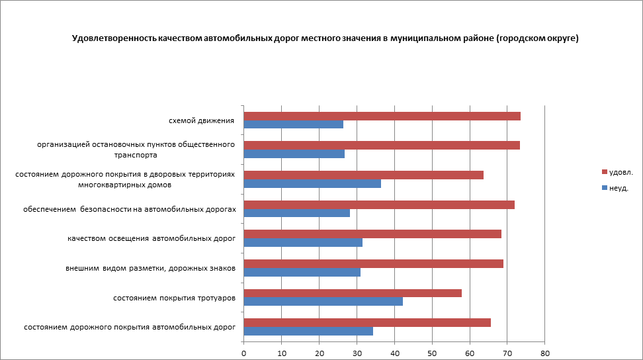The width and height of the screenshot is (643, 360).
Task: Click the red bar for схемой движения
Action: [x=382, y=116]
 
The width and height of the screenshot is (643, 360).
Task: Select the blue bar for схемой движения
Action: [x=293, y=124]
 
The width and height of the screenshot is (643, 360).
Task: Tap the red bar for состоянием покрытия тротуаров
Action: [x=353, y=293]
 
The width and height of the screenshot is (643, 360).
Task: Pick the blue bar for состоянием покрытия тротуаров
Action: [x=323, y=302]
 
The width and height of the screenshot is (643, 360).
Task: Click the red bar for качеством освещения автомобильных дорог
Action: [x=372, y=234]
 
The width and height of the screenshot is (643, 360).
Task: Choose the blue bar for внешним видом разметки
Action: [x=302, y=272]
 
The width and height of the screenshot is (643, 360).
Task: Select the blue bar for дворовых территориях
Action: [x=312, y=184]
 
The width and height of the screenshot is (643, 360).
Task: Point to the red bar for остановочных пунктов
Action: [x=382, y=146]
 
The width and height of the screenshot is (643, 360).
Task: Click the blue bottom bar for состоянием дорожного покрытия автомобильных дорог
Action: [x=308, y=331]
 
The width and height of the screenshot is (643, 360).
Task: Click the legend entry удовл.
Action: [x=621, y=172]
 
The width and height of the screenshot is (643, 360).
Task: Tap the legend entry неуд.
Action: [x=618, y=188]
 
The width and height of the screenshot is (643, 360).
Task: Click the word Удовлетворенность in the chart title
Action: [x=114, y=39]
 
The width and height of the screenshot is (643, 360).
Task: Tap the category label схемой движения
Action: [x=202, y=121]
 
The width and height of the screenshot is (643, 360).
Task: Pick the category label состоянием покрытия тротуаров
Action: [x=175, y=298]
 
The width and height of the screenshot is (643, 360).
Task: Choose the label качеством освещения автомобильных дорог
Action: [x=151, y=239]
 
